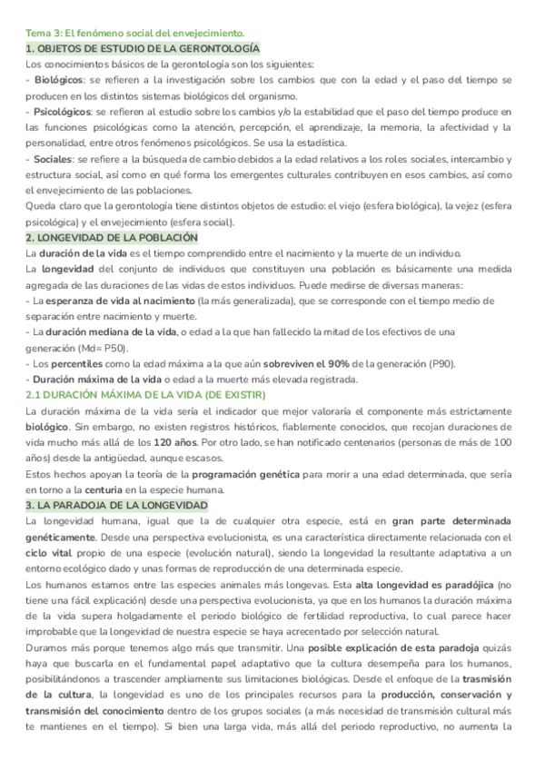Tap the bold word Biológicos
pyautogui.click(x=57, y=80)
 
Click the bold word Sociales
pyautogui.click(x=52, y=159)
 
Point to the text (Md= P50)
pyautogui.click(x=110, y=348)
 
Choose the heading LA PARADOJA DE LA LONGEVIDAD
pyautogui.click(x=118, y=505)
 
